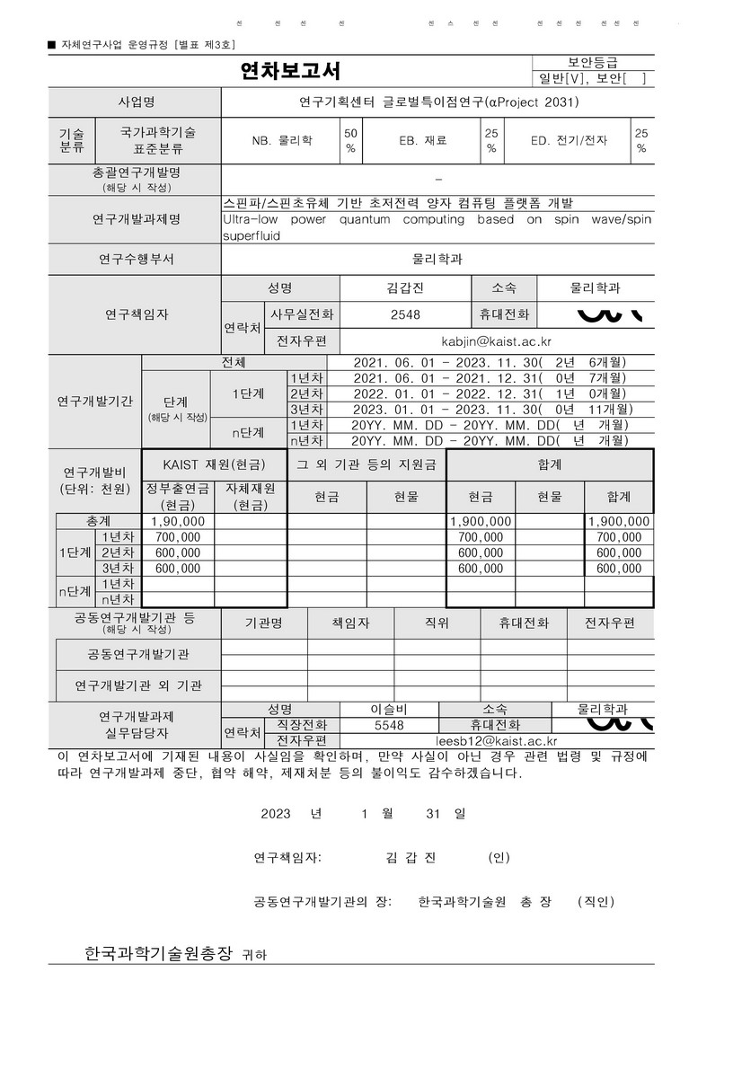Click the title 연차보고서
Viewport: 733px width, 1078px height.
(x=290, y=71)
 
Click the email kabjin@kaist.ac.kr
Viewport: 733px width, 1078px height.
(x=496, y=341)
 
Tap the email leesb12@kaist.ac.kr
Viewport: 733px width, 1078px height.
(x=496, y=741)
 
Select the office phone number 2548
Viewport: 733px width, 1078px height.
(x=405, y=314)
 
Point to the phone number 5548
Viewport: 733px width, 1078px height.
(x=389, y=725)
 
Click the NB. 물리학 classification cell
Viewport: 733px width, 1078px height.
(x=282, y=140)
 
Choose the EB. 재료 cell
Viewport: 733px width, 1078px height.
(x=422, y=140)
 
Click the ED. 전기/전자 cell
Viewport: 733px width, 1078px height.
(x=569, y=140)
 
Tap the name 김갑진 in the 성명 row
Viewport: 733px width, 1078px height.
(x=404, y=288)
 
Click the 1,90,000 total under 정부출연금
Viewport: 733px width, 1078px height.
(x=178, y=521)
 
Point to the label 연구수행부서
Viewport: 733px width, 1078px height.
(x=137, y=260)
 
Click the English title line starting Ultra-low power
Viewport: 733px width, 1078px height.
(x=437, y=219)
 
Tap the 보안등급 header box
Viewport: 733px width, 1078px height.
(x=593, y=62)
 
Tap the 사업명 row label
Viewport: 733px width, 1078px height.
(x=137, y=102)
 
